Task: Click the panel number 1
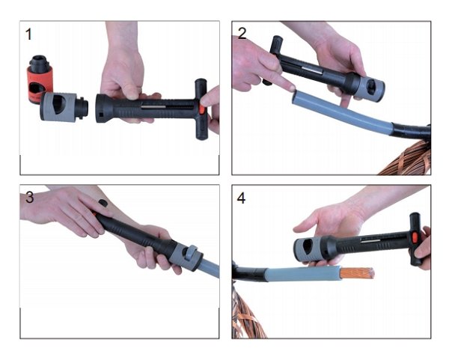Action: pos(28,34)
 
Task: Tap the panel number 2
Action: pos(242,34)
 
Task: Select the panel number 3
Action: pos(29,198)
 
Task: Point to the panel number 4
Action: pos(241,198)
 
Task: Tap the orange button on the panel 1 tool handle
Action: pos(202,110)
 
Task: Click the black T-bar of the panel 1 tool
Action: pos(201,109)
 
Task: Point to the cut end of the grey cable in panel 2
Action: pos(295,97)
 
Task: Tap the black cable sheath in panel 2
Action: pos(411,132)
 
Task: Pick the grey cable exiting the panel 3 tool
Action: pos(210,269)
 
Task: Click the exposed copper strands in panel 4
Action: pos(358,273)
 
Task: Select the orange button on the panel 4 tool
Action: pos(414,237)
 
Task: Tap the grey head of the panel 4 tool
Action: pos(308,250)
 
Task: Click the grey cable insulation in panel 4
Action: pos(302,274)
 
